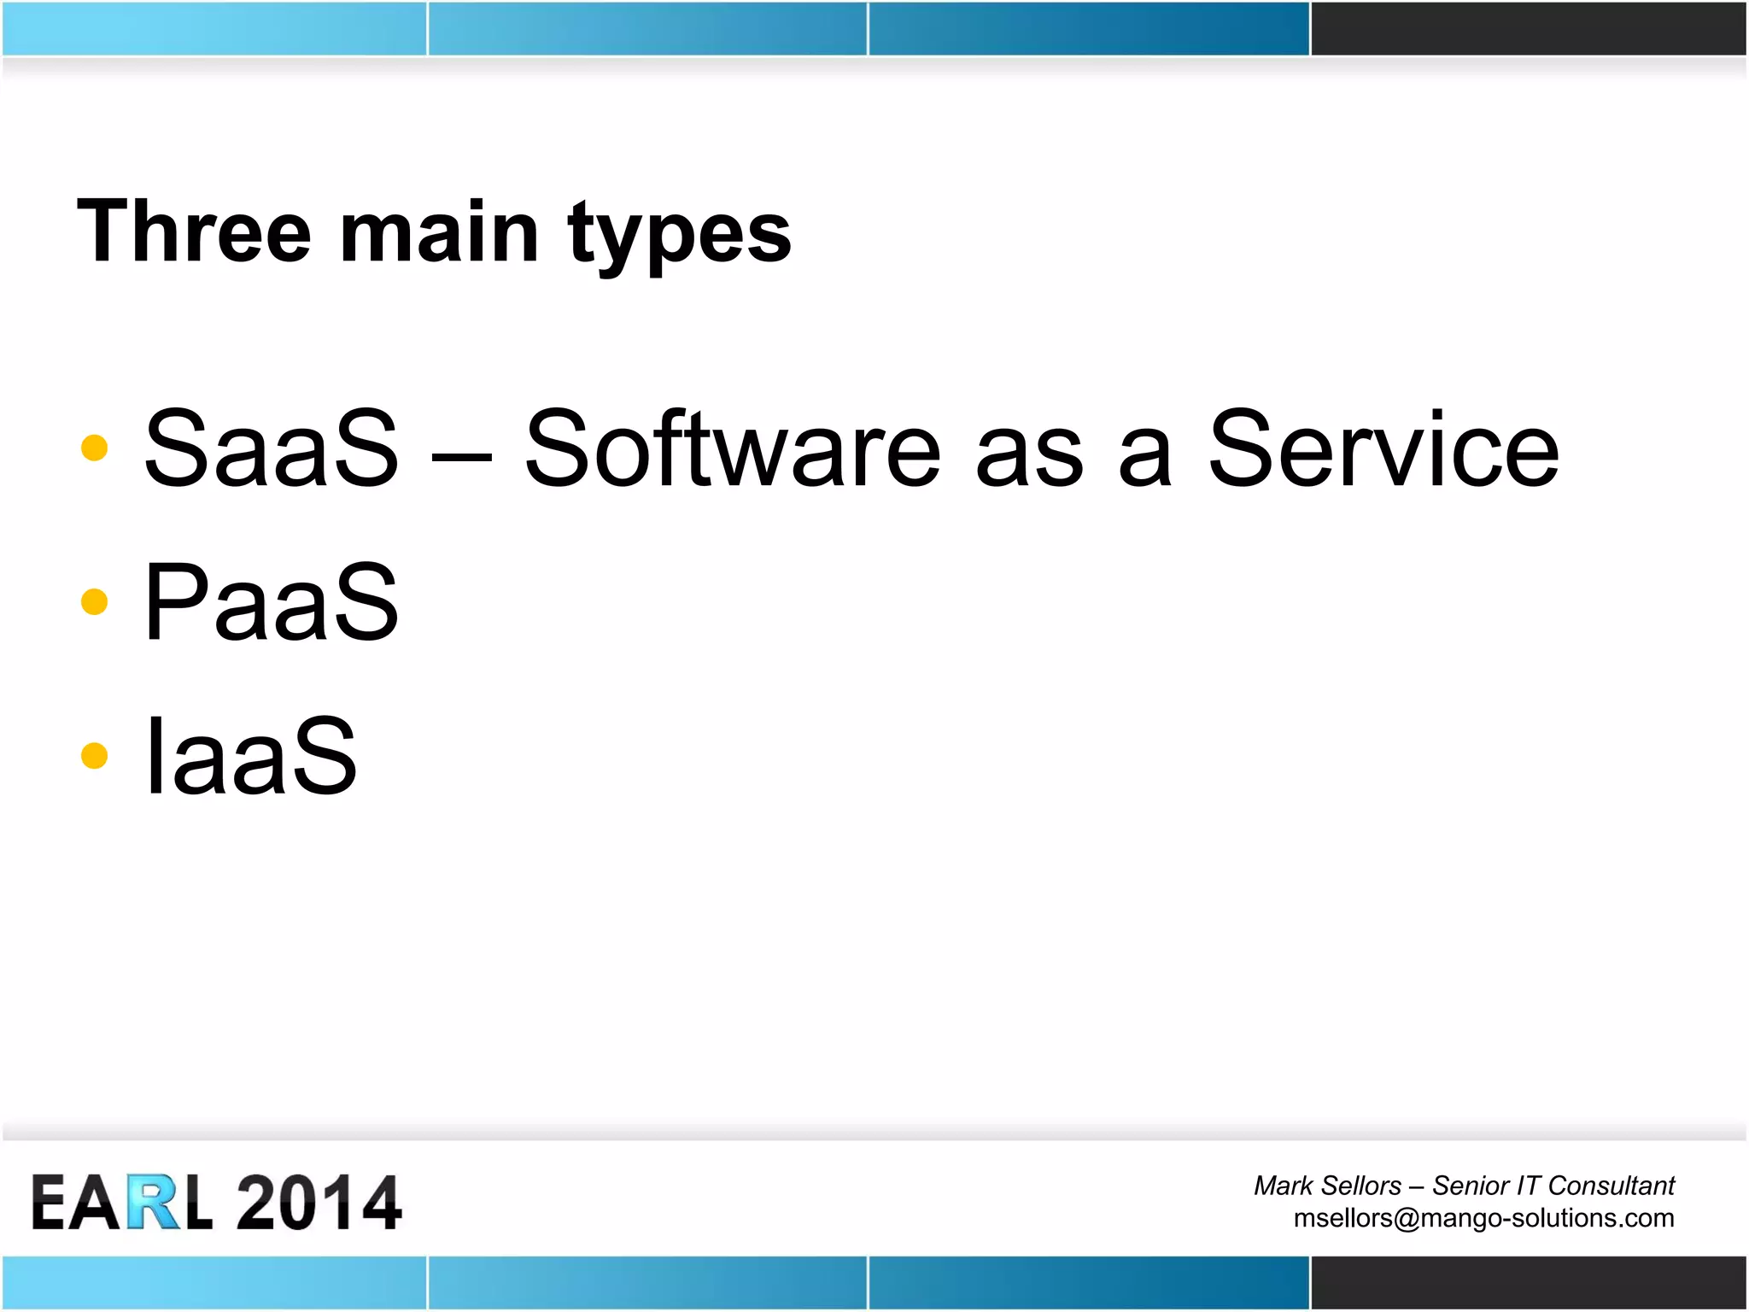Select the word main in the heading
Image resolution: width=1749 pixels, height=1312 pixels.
[439, 232]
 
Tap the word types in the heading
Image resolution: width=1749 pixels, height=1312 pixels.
[680, 235]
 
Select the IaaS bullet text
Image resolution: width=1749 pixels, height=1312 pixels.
[250, 755]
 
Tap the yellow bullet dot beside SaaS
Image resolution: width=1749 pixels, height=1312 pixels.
[94, 448]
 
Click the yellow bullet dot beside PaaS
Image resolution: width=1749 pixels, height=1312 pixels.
[94, 601]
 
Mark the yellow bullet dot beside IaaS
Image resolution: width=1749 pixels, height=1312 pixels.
[94, 755]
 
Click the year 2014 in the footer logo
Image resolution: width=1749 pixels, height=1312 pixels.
[319, 1203]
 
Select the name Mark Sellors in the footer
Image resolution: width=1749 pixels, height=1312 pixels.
[1327, 1186]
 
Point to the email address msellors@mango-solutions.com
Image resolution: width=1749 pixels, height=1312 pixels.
[1483, 1217]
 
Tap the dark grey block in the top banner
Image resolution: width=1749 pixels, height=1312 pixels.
[1529, 28]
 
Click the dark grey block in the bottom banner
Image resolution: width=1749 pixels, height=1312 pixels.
[1529, 1282]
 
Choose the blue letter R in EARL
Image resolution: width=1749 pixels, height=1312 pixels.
[154, 1203]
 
